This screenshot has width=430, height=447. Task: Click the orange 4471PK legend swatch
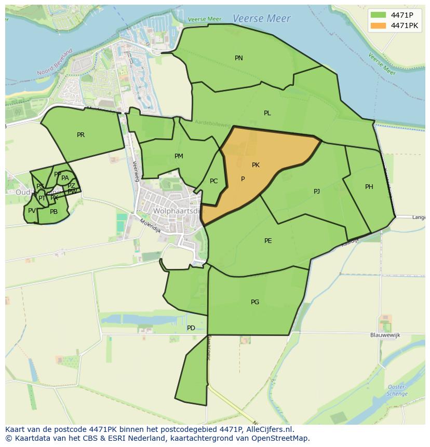coord(379,25)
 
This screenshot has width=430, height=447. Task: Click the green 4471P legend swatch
coord(379,15)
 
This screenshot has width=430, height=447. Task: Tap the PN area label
coord(239,58)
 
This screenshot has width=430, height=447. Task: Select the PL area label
coord(267,113)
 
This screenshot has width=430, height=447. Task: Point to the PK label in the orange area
coord(256,165)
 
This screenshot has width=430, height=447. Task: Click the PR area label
coord(80,135)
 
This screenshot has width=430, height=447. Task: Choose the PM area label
coord(179,156)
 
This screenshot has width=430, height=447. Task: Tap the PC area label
coord(213,181)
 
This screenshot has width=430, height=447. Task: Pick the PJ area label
coord(317,192)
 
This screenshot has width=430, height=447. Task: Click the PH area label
coord(369,187)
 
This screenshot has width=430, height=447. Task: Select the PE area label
coord(268,241)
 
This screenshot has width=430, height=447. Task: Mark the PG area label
coord(255,302)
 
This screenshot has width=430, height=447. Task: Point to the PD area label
coord(191,328)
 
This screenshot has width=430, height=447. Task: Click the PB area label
coord(53,212)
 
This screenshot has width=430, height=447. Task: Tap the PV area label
coord(32,211)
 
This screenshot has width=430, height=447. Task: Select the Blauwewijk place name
coord(385,335)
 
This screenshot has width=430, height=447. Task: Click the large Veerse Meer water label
coord(262,19)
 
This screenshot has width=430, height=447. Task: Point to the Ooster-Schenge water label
coord(397,390)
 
